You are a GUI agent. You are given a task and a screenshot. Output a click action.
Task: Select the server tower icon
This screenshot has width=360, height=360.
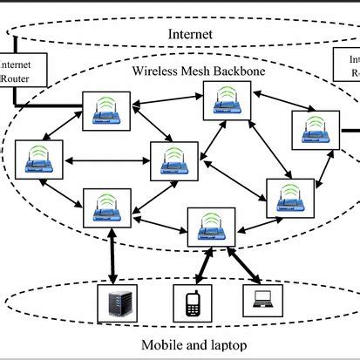(x=119, y=302)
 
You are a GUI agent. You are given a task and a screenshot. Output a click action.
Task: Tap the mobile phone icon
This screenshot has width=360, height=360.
(x=194, y=302)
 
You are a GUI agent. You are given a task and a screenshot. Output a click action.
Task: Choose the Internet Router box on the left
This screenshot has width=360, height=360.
(x=15, y=71)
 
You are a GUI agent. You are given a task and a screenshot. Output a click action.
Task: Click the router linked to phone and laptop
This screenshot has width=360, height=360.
(x=210, y=227)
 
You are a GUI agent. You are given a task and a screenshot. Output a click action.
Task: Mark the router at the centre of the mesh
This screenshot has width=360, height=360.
(x=172, y=160)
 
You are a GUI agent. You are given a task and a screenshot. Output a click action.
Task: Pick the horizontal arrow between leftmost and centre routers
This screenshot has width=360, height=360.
(x=104, y=160)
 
